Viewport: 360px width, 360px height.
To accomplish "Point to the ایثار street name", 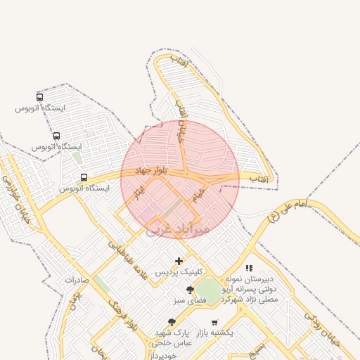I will tap(139, 193).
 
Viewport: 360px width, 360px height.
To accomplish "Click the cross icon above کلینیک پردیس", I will tap(179, 261).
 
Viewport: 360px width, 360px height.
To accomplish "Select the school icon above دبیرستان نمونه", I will tap(249, 268).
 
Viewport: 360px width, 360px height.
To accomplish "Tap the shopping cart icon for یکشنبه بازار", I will tap(214, 322).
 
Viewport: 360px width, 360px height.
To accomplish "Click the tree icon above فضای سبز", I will tap(190, 290).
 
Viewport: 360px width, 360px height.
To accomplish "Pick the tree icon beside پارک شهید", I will tap(171, 322).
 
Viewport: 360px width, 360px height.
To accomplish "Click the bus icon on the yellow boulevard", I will tap(84, 178).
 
